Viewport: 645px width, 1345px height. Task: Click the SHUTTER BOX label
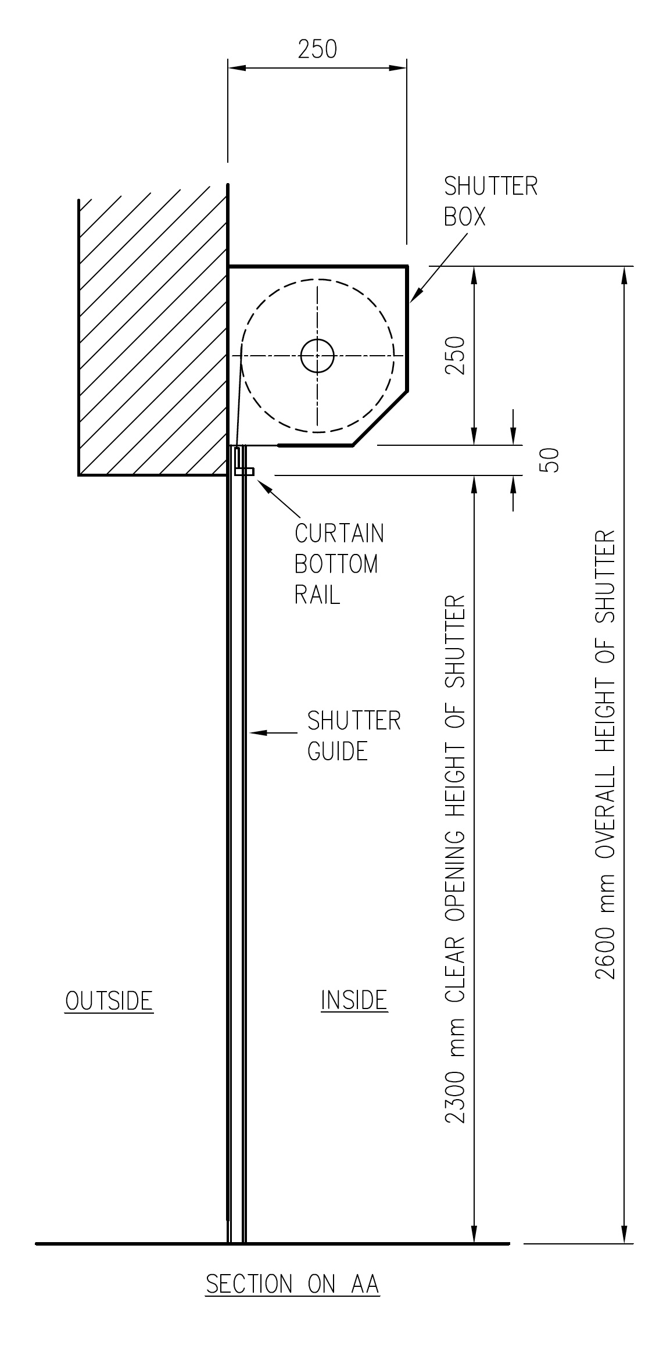[x=491, y=201]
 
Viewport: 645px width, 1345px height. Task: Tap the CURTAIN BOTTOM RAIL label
[x=339, y=564]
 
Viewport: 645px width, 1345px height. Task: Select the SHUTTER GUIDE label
[x=354, y=736]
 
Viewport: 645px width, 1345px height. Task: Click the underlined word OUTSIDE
[x=109, y=1001]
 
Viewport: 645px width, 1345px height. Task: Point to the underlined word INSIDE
[x=354, y=1000]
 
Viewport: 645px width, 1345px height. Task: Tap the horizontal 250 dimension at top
[x=317, y=49]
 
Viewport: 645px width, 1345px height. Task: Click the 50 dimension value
[x=552, y=460]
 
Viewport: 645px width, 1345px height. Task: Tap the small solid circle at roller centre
[x=317, y=356]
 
